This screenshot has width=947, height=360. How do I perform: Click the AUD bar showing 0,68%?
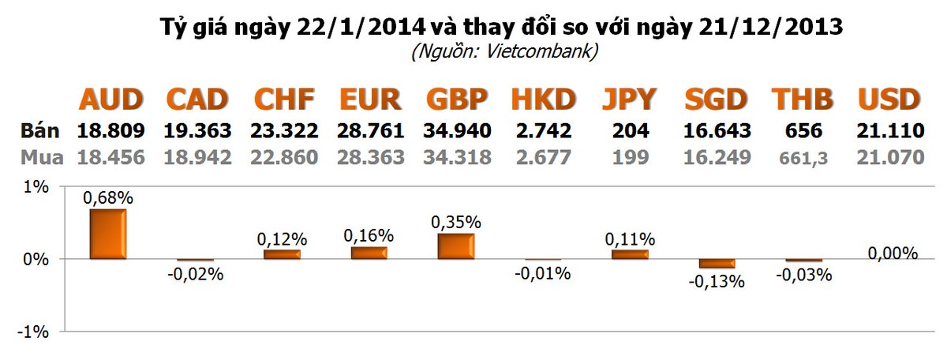click(108, 234)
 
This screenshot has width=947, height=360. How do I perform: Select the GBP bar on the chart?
click(456, 246)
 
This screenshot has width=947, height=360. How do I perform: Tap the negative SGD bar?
click(717, 264)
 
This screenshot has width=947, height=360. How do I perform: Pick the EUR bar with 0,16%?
click(369, 253)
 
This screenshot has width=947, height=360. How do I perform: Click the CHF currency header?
click(284, 99)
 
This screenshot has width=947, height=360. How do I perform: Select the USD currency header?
click(889, 99)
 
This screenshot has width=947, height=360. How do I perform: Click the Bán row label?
click(35, 130)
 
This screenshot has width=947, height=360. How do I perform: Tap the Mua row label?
click(35, 157)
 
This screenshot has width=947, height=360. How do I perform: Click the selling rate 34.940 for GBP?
click(458, 130)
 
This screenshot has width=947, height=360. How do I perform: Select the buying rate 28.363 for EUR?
click(371, 157)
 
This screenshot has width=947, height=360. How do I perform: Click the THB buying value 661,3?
click(803, 158)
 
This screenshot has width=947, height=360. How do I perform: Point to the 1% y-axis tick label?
click(36, 187)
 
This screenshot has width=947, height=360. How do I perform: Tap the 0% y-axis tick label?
click(36, 260)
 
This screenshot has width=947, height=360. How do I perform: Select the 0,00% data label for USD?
click(893, 253)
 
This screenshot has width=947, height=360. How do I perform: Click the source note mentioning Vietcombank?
click(503, 53)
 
